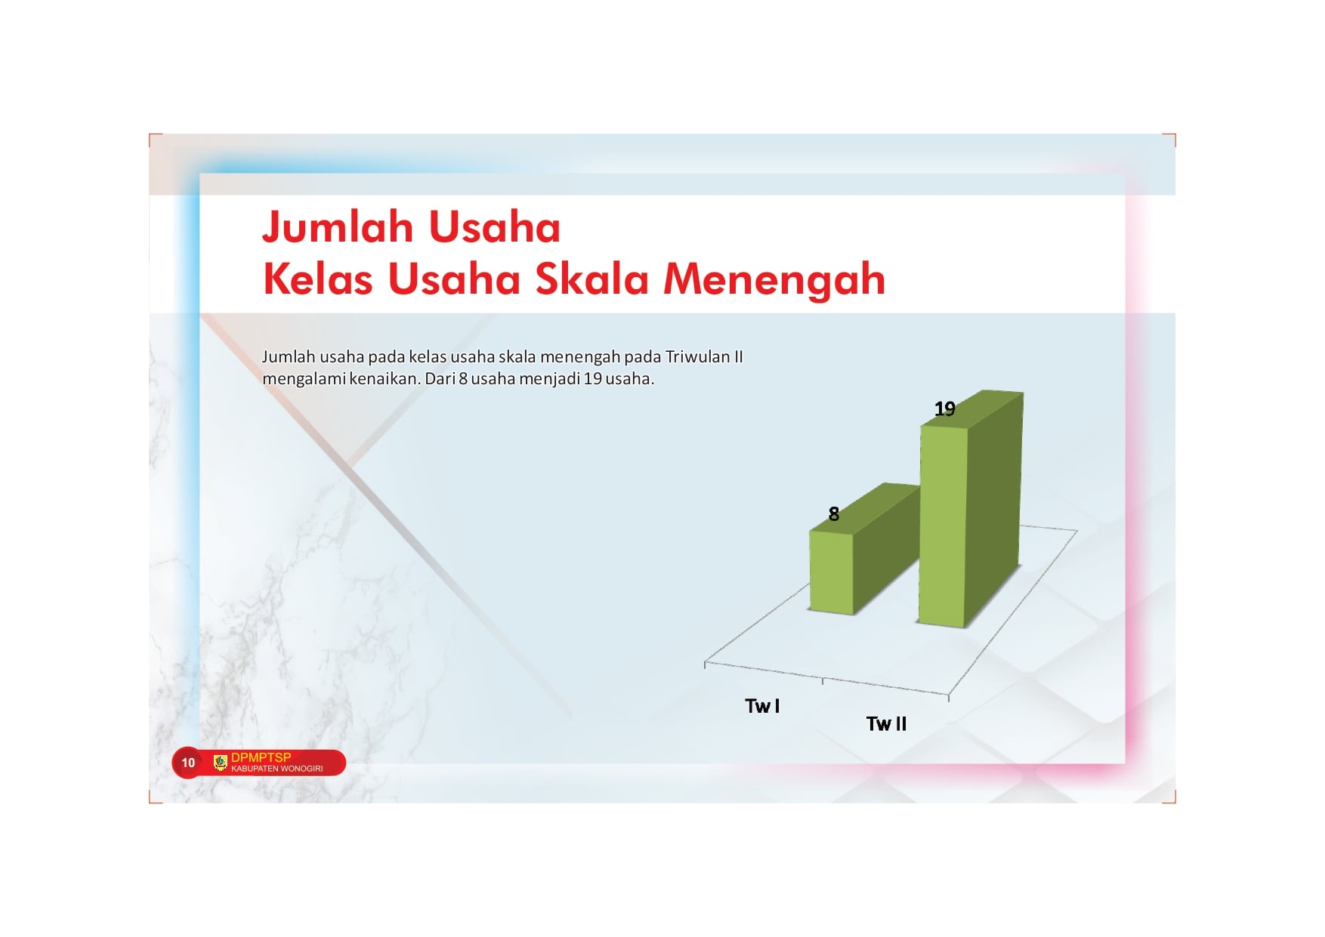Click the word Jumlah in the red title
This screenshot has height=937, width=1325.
pyautogui.click(x=338, y=227)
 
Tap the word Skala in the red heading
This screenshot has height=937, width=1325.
pyautogui.click(x=592, y=279)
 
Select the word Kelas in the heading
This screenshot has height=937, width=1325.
pyautogui.click(x=318, y=279)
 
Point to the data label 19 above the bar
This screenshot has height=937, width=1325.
pyautogui.click(x=945, y=409)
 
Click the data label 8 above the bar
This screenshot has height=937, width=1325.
pyautogui.click(x=834, y=514)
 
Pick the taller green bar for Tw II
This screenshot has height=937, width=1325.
pyautogui.click(x=971, y=508)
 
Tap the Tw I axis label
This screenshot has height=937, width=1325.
pyautogui.click(x=762, y=706)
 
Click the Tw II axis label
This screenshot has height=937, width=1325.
pyautogui.click(x=886, y=724)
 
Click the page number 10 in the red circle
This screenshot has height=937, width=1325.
pyautogui.click(x=188, y=763)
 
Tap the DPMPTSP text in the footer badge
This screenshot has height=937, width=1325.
pyautogui.click(x=261, y=757)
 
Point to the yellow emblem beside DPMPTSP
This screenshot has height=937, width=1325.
pyautogui.click(x=221, y=763)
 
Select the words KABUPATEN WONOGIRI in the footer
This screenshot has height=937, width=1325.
pyautogui.click(x=276, y=769)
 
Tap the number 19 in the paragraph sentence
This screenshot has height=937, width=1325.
pyautogui.click(x=593, y=379)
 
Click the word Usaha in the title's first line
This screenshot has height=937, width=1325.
pyautogui.click(x=494, y=227)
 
